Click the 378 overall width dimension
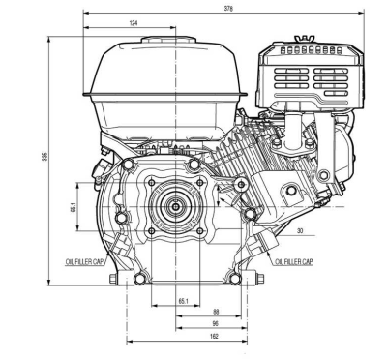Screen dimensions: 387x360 click(228, 9)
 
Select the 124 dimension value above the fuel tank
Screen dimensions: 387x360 click(134, 23)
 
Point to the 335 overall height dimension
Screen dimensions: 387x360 click(45, 157)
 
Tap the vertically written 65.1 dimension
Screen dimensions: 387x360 click(74, 207)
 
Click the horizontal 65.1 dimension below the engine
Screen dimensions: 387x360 click(183, 301)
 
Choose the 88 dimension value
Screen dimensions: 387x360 click(216, 312)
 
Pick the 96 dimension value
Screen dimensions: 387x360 click(216, 323)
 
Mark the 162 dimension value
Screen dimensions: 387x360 click(214, 336)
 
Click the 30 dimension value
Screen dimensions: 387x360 click(300, 231)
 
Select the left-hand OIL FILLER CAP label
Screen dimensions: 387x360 click(84, 261)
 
